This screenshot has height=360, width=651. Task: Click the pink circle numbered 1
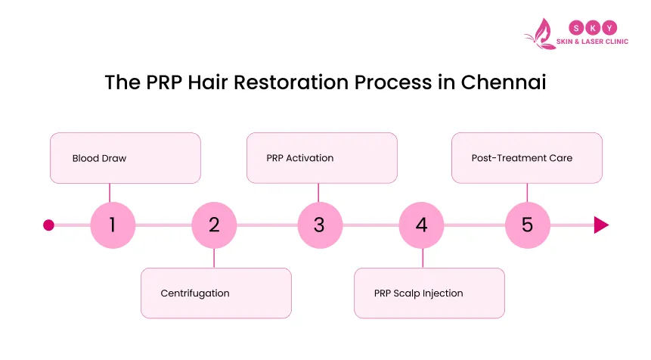tap(113, 225)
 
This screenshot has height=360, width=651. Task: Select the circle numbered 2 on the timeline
tap(214, 225)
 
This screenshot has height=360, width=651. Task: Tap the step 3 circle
tap(319, 225)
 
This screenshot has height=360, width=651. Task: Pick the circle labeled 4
tap(421, 225)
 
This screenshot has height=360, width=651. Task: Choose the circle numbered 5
tap(527, 225)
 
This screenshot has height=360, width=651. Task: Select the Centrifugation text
tap(195, 293)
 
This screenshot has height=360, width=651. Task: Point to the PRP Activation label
tap(299, 158)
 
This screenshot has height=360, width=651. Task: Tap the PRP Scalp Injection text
tap(418, 293)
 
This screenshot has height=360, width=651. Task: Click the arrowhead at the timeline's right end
tap(601, 225)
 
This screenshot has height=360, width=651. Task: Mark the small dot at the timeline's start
tap(49, 225)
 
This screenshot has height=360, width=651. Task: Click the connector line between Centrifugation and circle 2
tap(214, 257)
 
